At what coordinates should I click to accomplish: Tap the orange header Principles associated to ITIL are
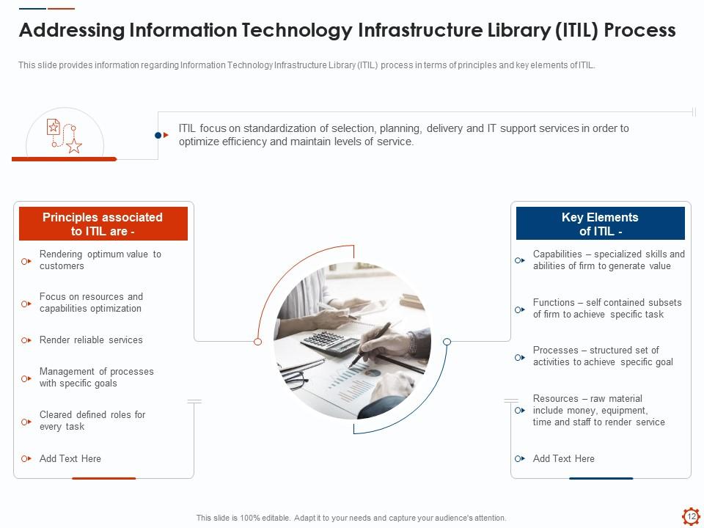(103, 224)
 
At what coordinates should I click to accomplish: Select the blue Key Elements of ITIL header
(601, 224)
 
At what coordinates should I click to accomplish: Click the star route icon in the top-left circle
(65, 136)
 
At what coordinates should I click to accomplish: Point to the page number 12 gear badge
(692, 516)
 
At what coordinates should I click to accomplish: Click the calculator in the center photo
(330, 343)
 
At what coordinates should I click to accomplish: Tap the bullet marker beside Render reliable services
(26, 340)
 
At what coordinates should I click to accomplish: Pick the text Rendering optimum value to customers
(100, 260)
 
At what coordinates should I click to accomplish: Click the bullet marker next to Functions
(520, 309)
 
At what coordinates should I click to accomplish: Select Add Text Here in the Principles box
(70, 458)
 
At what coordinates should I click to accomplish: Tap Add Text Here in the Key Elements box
(563, 458)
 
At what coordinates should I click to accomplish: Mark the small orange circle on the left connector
(257, 342)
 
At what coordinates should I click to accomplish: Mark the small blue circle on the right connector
(447, 342)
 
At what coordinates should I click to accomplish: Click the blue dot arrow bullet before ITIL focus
(161, 135)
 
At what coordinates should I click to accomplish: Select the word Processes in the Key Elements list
(555, 351)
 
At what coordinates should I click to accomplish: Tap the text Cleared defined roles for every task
(92, 421)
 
